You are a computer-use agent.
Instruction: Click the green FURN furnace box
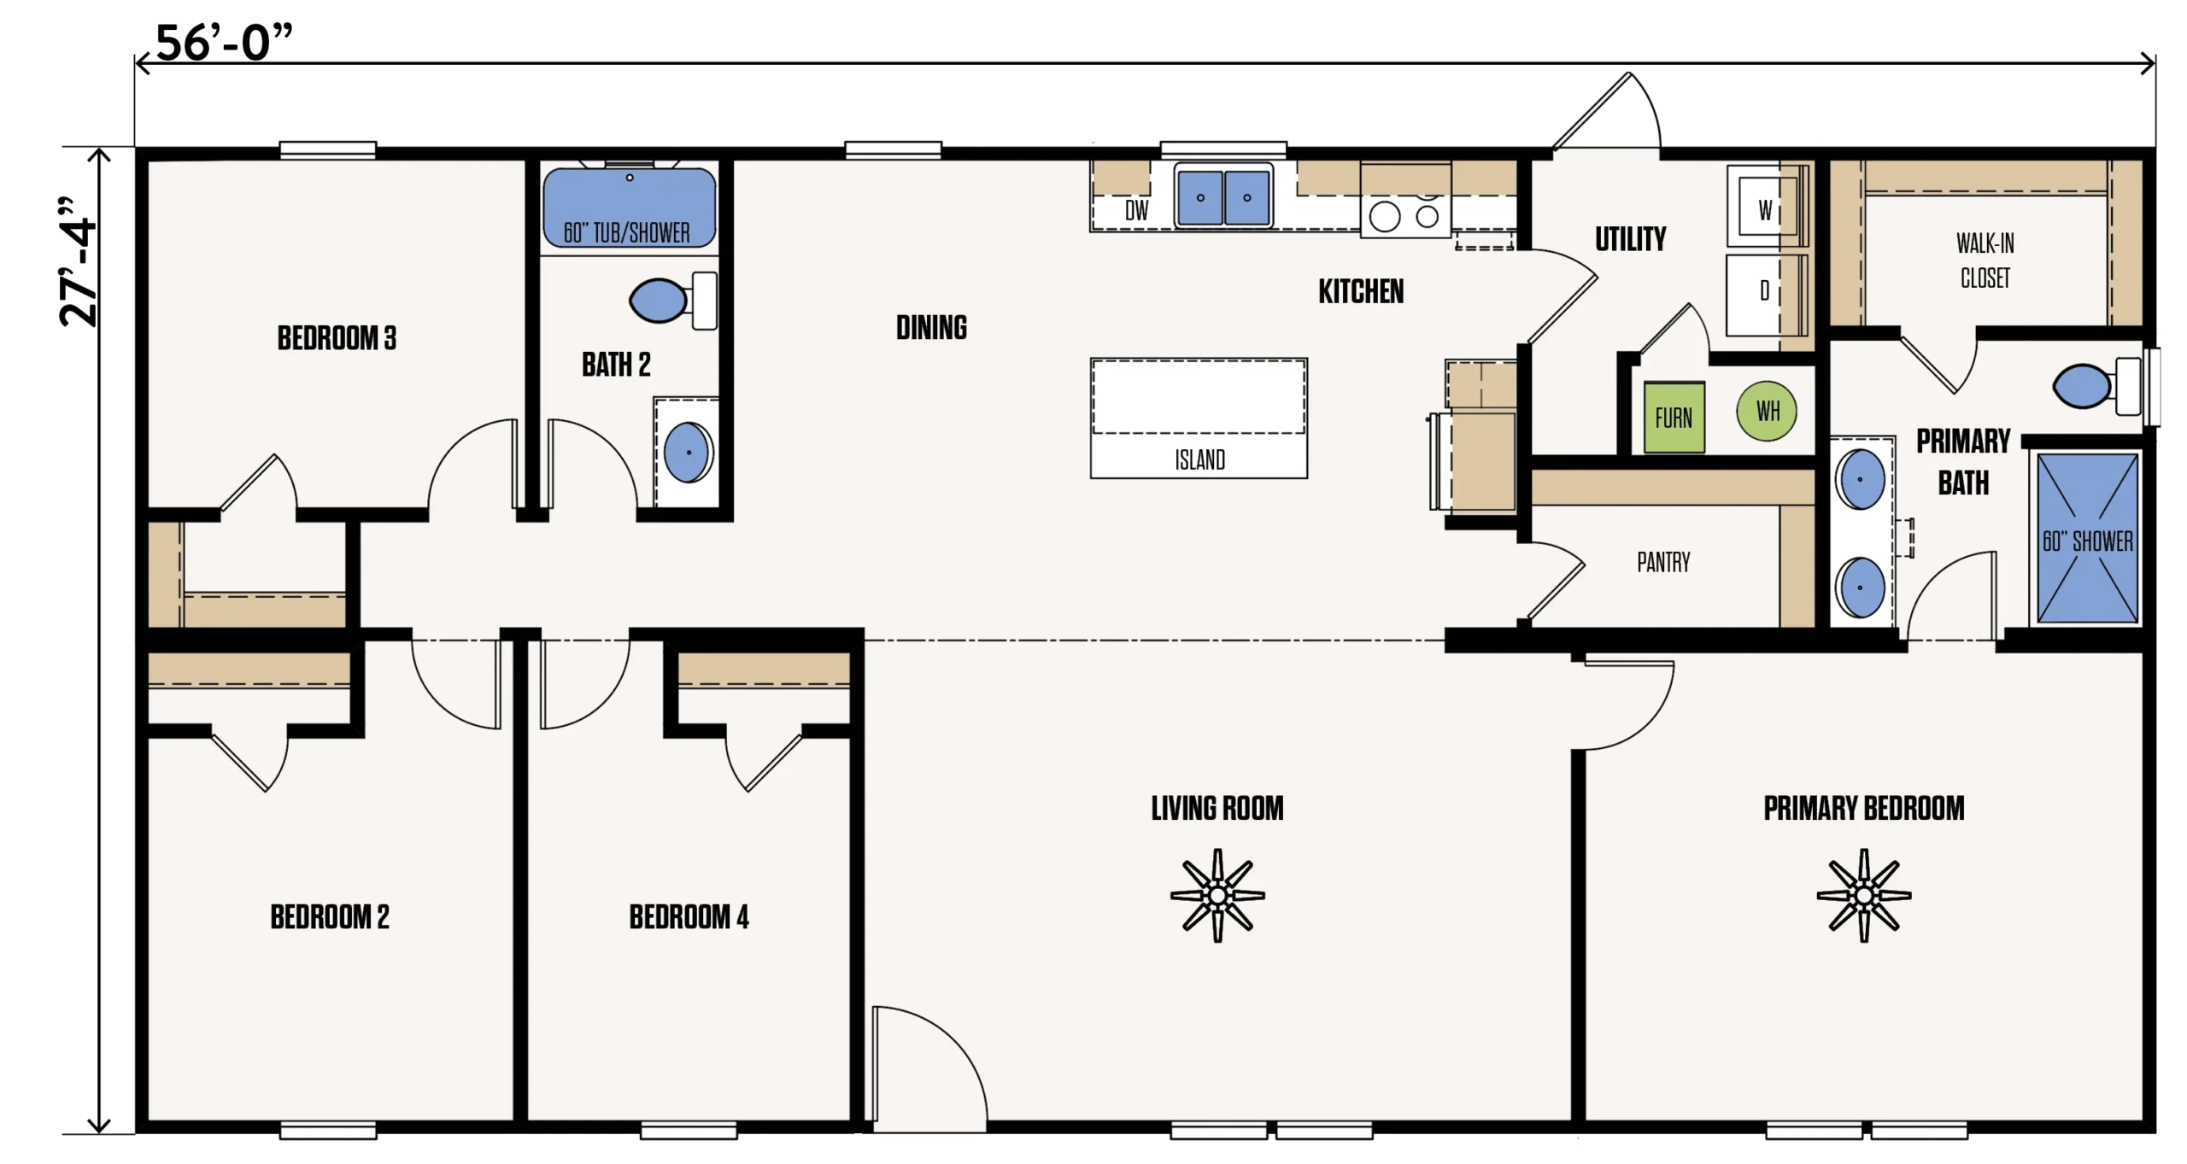click(x=1674, y=417)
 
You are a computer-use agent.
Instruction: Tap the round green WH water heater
click(x=1767, y=411)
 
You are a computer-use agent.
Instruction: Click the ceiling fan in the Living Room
click(x=1217, y=895)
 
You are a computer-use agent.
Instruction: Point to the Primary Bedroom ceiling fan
click(x=1864, y=895)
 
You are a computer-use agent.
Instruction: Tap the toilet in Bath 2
click(x=673, y=301)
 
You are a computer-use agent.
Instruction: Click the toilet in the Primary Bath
click(x=2096, y=386)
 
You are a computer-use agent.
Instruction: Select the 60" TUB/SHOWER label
click(x=626, y=232)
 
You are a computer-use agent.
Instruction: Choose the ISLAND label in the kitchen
click(x=1199, y=460)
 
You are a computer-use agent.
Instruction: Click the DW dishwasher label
click(x=1136, y=210)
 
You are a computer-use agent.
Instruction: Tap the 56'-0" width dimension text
click(x=224, y=43)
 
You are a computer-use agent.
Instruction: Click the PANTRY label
click(x=1663, y=562)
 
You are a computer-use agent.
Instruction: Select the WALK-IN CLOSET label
click(x=1985, y=260)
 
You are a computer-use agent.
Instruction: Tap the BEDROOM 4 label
click(x=689, y=917)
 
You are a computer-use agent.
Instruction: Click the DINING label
click(x=931, y=327)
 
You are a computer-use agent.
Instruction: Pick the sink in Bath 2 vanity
click(x=688, y=452)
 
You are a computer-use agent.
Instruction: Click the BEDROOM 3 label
click(x=337, y=338)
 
